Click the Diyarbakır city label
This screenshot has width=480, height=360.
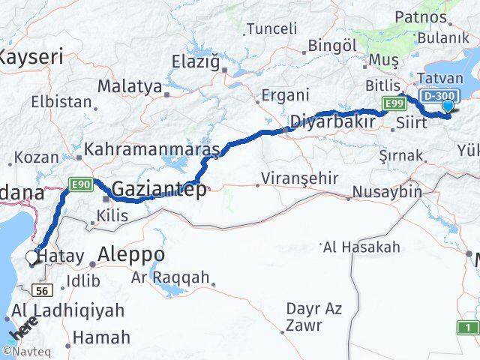pos(332,120)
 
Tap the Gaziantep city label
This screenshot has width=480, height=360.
pos(159,189)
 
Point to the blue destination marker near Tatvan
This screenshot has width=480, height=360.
pos(448,106)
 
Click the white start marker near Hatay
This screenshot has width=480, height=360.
pos(32,258)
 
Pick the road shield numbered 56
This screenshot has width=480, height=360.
pos(42,290)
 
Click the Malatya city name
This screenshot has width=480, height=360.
pos(130,86)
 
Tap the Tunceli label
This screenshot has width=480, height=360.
pos(271,28)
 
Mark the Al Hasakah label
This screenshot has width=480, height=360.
pos(363,247)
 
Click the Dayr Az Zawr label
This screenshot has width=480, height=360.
pos(313,316)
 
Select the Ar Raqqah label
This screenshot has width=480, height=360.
pos(170,277)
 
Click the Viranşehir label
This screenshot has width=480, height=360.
pos(297,178)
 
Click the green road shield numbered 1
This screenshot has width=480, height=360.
pos(468,327)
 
